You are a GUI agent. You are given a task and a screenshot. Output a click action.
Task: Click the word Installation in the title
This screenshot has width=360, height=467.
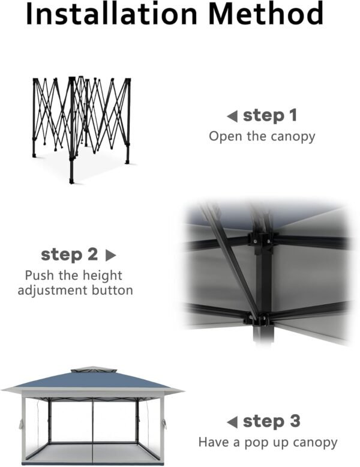pos(112,13)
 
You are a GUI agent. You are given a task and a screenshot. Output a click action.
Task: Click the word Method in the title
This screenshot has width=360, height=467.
pos(266,13)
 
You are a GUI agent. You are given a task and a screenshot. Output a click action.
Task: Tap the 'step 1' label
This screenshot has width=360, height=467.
pos(270,116)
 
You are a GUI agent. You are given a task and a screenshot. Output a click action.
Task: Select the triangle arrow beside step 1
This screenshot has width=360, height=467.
pos(232,116)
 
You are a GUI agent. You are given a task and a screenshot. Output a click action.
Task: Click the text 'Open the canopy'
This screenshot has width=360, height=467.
pos(262,137)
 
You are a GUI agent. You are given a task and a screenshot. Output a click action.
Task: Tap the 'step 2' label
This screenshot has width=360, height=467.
pos(70,255)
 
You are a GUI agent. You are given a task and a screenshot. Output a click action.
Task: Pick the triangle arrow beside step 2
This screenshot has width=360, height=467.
pos(110,255)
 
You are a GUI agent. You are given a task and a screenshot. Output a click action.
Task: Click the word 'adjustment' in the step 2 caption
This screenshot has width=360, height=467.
pos(52,291)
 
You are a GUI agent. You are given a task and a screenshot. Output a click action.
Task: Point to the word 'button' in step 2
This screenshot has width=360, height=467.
pos(112,290)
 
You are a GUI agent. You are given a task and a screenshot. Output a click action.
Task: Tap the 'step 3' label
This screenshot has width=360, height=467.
pos(272,421)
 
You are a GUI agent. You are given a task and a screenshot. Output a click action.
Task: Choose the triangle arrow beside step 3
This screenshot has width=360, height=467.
pos(232,422)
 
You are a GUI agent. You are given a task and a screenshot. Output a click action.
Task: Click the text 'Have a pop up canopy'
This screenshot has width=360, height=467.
pos(268,442)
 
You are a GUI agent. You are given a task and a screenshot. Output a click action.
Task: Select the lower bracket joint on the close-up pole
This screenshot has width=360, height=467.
pos(258,319)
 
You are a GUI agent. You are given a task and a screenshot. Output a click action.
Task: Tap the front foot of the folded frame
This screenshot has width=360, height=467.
pos(71,181)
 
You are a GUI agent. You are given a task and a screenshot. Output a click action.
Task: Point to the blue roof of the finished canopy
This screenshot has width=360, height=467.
pos(92,379)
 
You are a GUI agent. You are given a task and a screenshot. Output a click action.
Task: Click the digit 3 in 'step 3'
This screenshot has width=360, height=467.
pos(293,421)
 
